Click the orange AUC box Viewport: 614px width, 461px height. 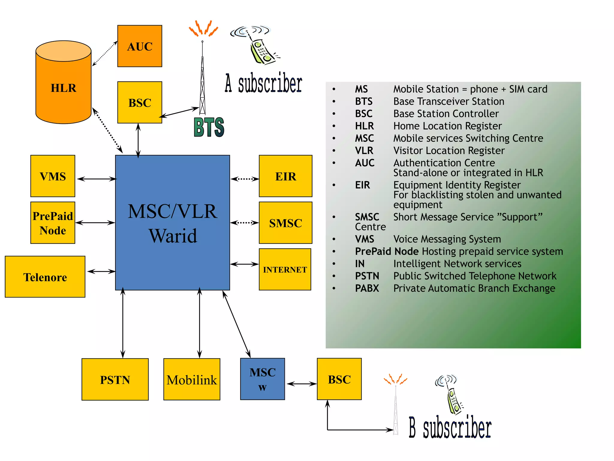click(140, 46)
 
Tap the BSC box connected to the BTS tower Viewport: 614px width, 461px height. click(140, 102)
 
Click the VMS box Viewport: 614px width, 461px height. click(53, 176)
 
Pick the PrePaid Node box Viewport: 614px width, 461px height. click(53, 223)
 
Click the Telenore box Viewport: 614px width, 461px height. click(45, 277)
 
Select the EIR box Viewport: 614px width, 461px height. click(285, 176)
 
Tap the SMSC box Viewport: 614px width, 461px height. click(285, 223)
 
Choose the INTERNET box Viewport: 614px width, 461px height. click(285, 269)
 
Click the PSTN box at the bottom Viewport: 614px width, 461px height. click(115, 379)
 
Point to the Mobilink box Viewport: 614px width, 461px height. click(192, 379)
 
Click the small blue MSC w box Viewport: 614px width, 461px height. click(263, 379)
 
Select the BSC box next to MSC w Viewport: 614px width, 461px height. click(339, 379)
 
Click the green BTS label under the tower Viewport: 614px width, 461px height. click(209, 127)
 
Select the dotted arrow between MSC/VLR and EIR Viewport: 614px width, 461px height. click(245, 179)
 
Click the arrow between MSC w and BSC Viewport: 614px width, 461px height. click(301, 384)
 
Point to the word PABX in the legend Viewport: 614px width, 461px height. click(367, 288)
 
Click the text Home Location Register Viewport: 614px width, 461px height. click(447, 126)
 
